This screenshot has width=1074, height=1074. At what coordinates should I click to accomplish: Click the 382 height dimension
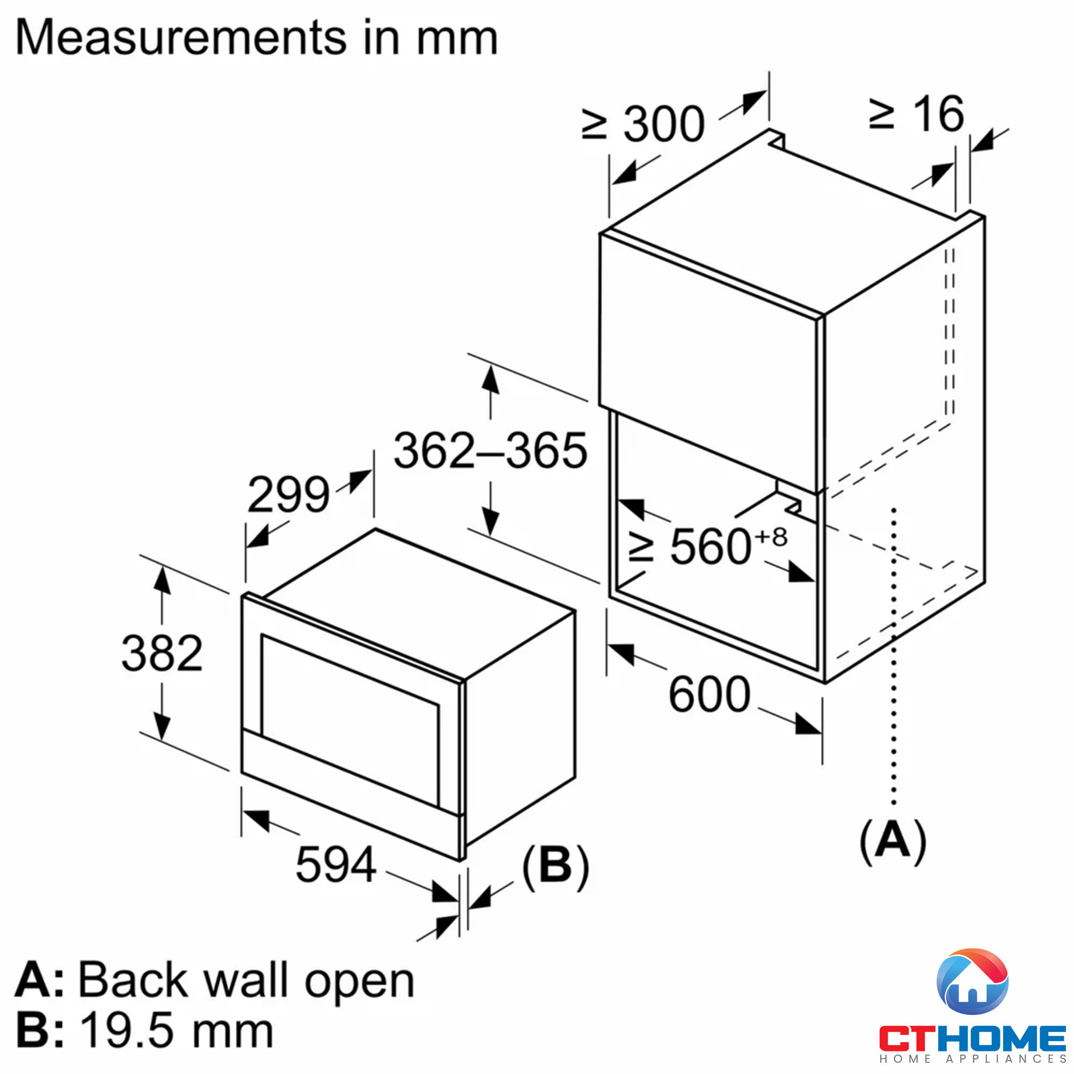[x=162, y=652]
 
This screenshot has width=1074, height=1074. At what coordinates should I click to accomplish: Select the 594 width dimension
[x=336, y=865]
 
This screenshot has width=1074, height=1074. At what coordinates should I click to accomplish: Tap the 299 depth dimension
[x=288, y=494]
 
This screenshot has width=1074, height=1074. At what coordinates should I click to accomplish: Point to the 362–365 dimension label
[x=490, y=451]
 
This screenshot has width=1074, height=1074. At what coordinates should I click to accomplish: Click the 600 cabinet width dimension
[x=709, y=694]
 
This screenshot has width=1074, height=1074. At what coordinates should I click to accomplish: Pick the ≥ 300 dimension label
[x=644, y=124]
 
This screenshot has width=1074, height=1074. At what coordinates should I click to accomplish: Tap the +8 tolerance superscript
[x=771, y=537]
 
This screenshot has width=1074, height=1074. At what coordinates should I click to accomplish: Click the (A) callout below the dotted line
[x=893, y=840]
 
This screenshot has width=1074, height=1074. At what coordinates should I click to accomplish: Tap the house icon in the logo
[x=972, y=982]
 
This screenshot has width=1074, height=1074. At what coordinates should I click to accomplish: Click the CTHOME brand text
[x=972, y=1038]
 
